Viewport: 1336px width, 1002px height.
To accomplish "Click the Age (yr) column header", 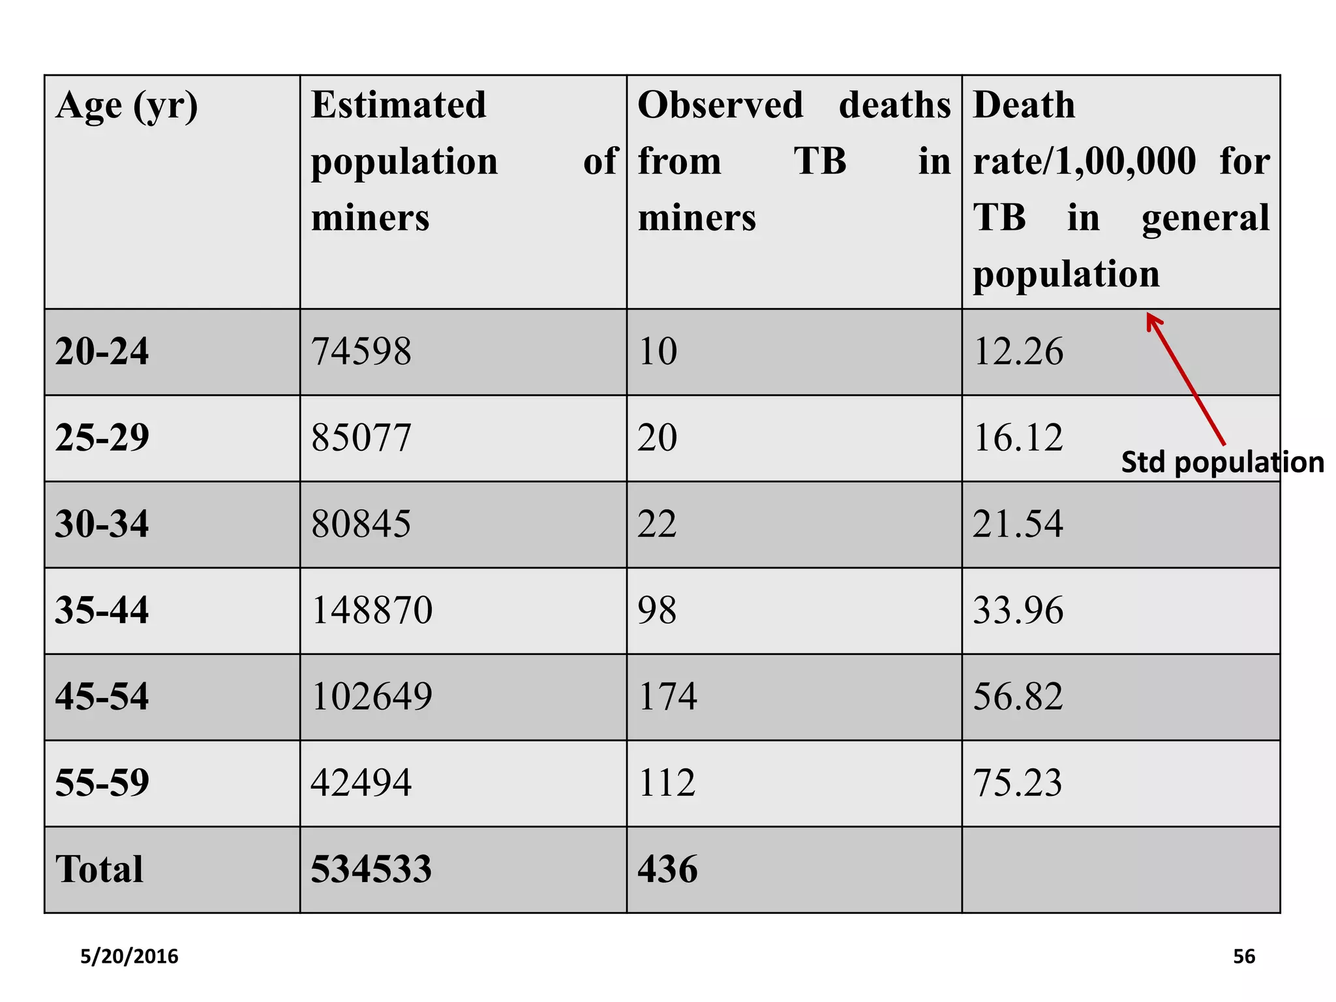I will click(x=127, y=106).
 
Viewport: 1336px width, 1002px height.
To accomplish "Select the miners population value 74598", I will click(x=361, y=352).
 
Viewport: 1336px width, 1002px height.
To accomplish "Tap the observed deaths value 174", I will click(x=667, y=696).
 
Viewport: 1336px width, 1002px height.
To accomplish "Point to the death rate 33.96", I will click(x=1018, y=610).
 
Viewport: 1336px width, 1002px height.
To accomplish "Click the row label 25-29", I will click(x=102, y=437).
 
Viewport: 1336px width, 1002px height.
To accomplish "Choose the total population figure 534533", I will click(x=371, y=869).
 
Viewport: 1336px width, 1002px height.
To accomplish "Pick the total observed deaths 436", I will click(x=667, y=869).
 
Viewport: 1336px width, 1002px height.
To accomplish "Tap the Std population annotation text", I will click(x=1222, y=463).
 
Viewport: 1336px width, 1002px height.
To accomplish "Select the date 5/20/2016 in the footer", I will click(x=129, y=956).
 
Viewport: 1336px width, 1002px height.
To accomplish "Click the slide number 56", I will click(x=1244, y=956).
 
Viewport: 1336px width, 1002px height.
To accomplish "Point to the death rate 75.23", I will click(x=1018, y=782).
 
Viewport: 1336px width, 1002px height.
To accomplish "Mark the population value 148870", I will click(x=372, y=610).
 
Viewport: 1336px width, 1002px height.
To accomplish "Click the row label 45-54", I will click(x=102, y=696).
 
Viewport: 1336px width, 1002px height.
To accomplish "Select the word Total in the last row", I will click(x=99, y=869).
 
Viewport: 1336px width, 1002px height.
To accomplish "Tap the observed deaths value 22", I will click(x=657, y=524).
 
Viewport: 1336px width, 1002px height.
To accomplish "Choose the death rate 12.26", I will click(x=1018, y=352).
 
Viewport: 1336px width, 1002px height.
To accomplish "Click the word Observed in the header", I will click(x=720, y=105).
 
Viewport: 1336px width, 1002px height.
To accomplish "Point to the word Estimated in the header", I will click(x=399, y=105).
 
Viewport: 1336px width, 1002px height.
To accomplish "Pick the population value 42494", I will click(x=361, y=782).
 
